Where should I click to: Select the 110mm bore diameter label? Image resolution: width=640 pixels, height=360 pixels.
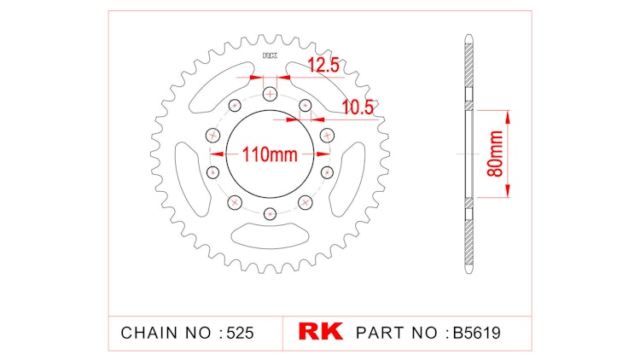click(271, 154)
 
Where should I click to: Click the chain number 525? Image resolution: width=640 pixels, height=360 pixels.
click(240, 332)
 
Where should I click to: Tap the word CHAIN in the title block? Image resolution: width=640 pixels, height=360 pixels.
click(147, 332)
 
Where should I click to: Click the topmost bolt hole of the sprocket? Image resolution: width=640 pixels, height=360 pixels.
click(271, 94)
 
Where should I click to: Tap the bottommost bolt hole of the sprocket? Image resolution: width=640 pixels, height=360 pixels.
click(271, 213)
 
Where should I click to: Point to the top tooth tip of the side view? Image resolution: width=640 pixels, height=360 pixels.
click(468, 36)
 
